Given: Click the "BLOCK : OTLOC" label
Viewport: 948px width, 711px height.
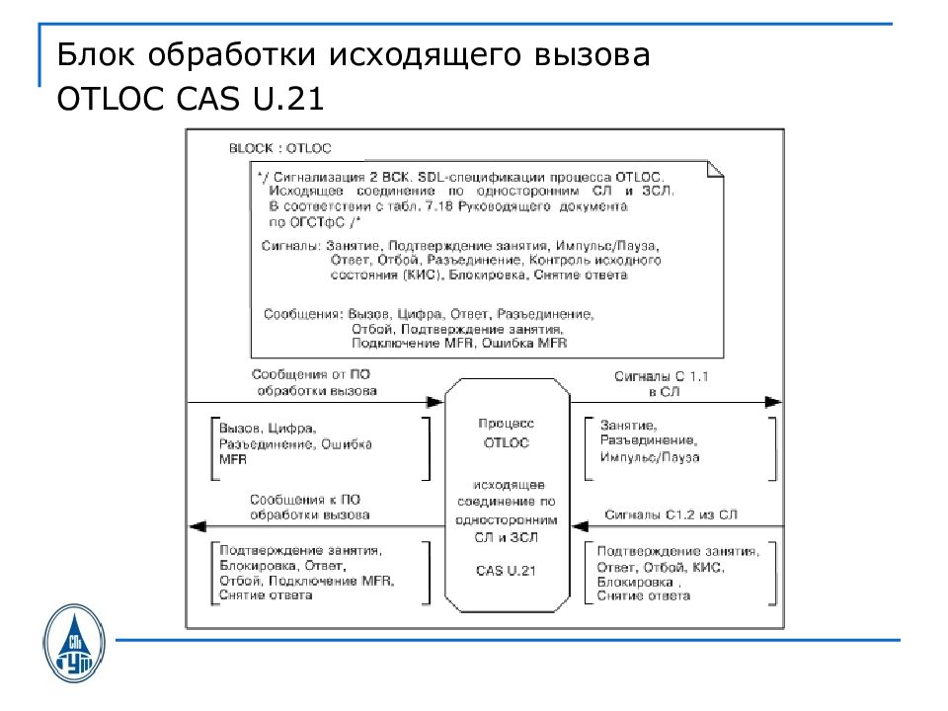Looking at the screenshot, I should [280, 148].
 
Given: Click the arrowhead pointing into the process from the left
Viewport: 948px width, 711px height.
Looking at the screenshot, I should [434, 401].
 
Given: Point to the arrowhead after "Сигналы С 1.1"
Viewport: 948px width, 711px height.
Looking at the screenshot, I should [773, 401].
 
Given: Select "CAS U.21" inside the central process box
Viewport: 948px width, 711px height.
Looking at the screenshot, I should [507, 571].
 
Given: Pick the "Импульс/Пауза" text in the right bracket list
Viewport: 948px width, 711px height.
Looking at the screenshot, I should [649, 457].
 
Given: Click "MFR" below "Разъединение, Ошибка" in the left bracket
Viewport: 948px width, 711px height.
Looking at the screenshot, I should [233, 460].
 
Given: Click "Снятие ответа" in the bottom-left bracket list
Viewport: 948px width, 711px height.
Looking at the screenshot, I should [266, 595].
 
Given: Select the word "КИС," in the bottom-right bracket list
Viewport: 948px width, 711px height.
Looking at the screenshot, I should [709, 567].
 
